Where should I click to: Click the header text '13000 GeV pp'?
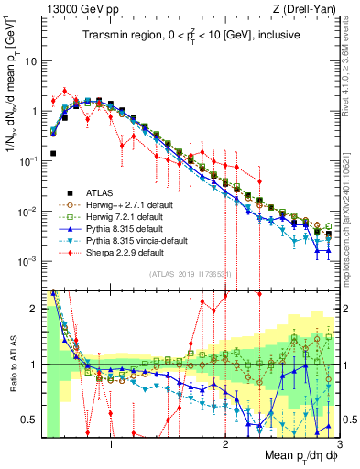click(x=76, y=9)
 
